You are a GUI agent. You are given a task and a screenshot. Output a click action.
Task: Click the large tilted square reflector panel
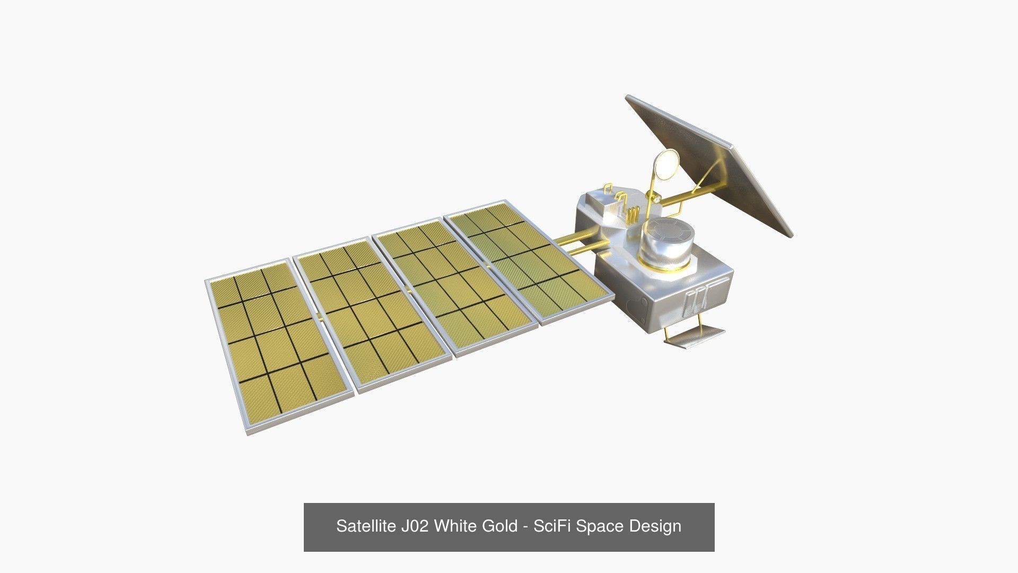(x=710, y=164)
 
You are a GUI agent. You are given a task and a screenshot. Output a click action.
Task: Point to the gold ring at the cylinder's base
(x=666, y=267)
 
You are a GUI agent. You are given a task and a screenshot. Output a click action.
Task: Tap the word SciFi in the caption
(x=552, y=526)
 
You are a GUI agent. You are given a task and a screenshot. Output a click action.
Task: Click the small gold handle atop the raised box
(x=609, y=188)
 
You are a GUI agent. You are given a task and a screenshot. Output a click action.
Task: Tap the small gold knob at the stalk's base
(x=655, y=198)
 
